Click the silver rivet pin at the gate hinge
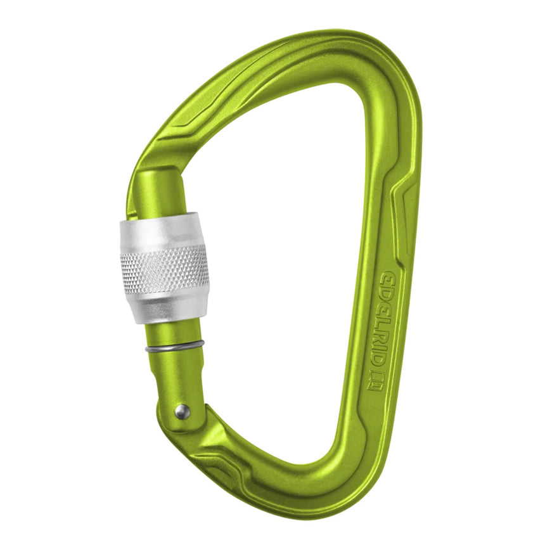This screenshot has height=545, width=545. (182, 412)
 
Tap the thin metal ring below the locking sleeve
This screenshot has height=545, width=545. (174, 346)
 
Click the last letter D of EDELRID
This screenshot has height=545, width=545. (375, 359)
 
